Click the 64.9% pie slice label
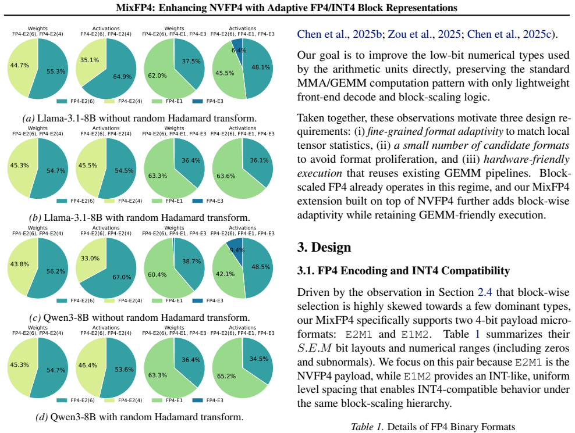click(x=122, y=77)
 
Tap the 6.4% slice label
click(x=239, y=50)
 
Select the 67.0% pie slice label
click(x=122, y=277)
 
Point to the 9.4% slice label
click(x=237, y=250)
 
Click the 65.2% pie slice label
click(x=226, y=376)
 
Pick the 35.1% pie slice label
click(x=90, y=60)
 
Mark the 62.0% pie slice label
click(x=157, y=76)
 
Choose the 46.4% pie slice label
click(x=88, y=365)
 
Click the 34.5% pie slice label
click(x=259, y=359)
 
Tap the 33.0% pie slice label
click(x=90, y=258)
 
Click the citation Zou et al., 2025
click(x=424, y=34)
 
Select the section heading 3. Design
click(x=324, y=247)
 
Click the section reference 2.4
click(x=485, y=292)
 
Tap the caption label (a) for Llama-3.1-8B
click(x=29, y=119)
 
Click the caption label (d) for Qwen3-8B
click(x=41, y=417)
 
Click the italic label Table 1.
click(x=367, y=427)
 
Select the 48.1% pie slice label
click(x=261, y=67)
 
